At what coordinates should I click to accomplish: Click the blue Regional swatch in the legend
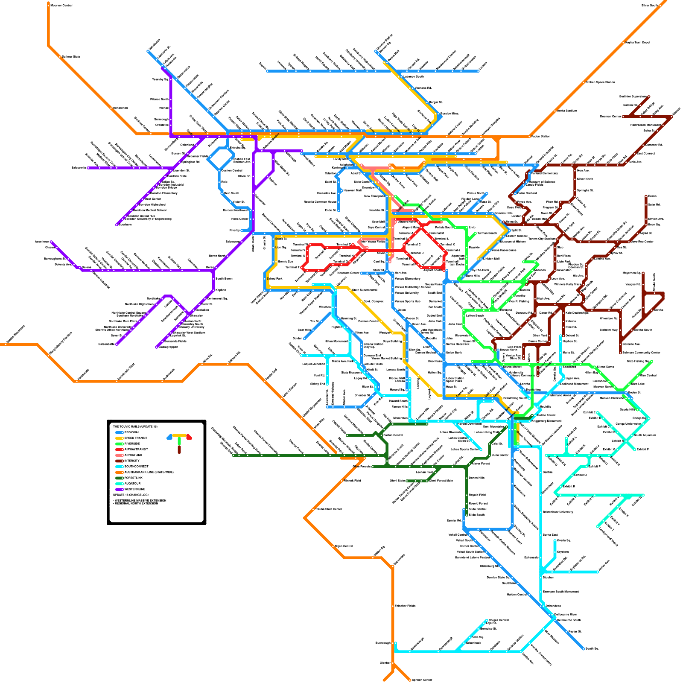[x=119, y=432]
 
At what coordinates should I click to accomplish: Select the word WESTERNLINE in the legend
[x=135, y=489]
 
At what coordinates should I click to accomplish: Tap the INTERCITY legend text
[x=132, y=461]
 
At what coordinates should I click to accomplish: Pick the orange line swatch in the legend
[x=119, y=472]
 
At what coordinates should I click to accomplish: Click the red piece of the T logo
[x=189, y=437]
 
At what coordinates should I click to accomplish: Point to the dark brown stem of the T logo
[x=179, y=449]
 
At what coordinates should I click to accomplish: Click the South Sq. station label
[x=592, y=648]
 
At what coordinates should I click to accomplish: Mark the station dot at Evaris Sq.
[x=555, y=541]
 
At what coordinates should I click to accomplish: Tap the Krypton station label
[x=563, y=552]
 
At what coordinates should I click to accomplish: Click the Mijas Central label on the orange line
[x=344, y=546]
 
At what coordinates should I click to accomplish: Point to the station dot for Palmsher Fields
[x=392, y=606]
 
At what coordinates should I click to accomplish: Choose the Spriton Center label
[x=422, y=680]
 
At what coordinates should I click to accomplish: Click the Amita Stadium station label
[x=567, y=111]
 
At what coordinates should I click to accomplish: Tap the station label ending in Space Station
[x=600, y=82]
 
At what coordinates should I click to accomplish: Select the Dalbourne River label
[x=565, y=614]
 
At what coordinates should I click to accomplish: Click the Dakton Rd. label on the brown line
[x=630, y=105]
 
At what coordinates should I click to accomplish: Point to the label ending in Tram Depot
[x=637, y=42]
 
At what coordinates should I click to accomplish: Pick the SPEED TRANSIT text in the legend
[x=136, y=438]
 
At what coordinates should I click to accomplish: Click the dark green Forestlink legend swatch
[x=119, y=478]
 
